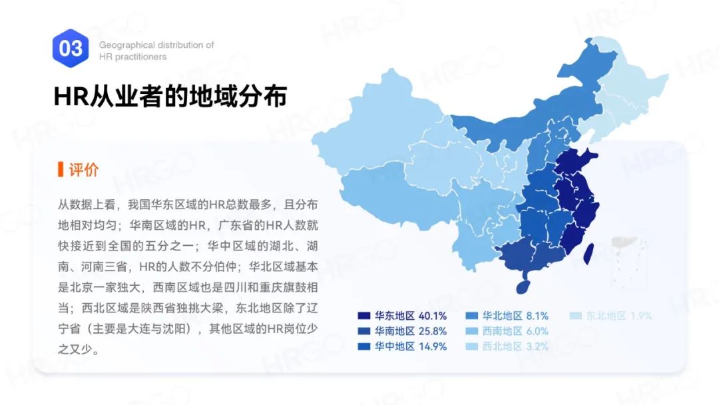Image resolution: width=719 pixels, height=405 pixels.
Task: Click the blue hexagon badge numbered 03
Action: coord(71,48)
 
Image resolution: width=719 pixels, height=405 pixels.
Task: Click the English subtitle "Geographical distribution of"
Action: coord(156,45)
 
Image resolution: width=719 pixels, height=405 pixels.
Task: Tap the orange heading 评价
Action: coord(83,169)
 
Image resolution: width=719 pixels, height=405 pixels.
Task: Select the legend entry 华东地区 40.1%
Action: coord(402,316)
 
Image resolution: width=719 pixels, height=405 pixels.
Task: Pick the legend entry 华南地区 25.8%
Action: coord(402,331)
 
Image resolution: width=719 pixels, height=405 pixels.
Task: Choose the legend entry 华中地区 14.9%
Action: coord(402,346)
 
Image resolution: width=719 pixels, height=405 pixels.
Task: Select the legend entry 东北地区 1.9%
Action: coord(610,316)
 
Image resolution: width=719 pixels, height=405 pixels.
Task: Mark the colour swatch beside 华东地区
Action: coord(363,316)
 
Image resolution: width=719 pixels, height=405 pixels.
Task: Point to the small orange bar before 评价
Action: coord(61,169)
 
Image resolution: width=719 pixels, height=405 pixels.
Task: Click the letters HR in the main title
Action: coord(67,97)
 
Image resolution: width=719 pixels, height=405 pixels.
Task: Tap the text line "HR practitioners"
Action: coord(132,57)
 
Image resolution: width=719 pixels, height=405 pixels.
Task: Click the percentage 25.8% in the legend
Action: coord(432,331)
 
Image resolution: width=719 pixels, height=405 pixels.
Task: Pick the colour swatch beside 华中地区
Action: coord(363,346)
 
